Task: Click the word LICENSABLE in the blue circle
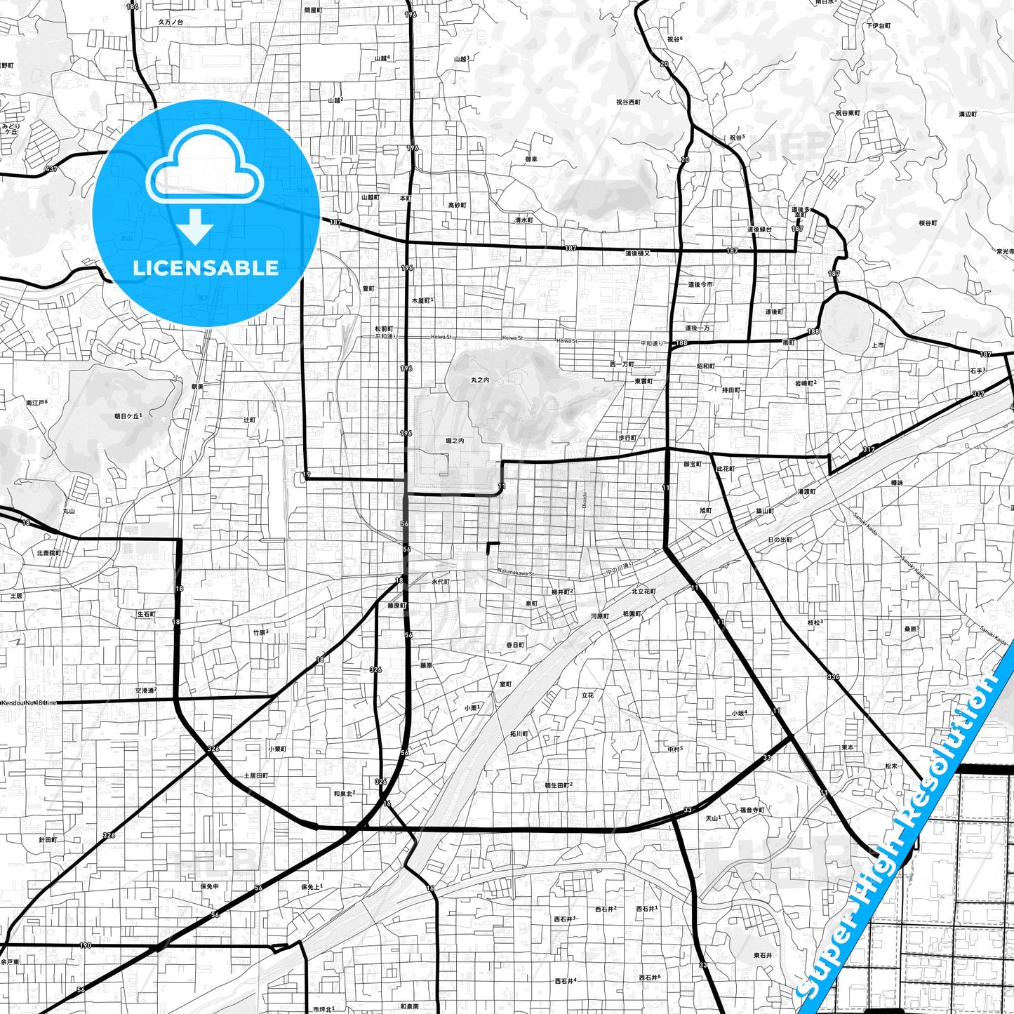pos(206,268)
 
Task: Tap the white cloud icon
pos(205,172)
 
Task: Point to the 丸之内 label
pos(480,380)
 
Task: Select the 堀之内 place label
pos(455,441)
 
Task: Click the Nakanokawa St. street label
pos(516,572)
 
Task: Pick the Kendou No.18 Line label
pos(29,702)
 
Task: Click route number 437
pos(51,169)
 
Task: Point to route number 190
pos(86,945)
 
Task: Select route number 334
pos(833,676)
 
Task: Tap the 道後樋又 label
pos(637,253)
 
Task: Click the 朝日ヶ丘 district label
pos(128,416)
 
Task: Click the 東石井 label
pos(763,955)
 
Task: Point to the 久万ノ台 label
pos(170,22)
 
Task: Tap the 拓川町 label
pos(519,733)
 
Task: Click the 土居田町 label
pos(255,775)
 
